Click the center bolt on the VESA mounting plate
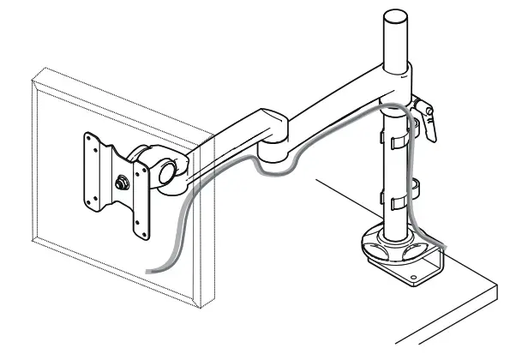pos(119,183)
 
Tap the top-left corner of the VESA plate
pos(86,135)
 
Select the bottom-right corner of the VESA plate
pos(147,237)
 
